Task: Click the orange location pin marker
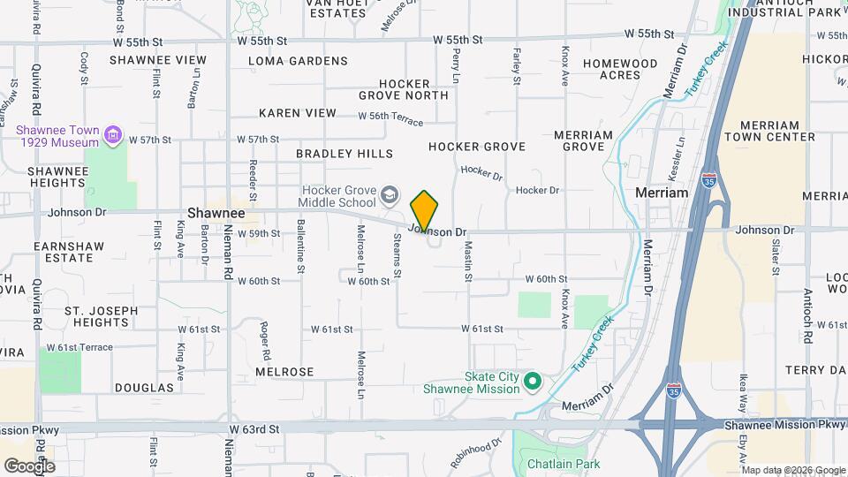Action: coord(424,210)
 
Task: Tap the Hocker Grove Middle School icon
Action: coord(390,193)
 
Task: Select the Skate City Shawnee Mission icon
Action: coord(532,382)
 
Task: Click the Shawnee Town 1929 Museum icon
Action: coord(112,135)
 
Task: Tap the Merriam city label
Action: coord(662,193)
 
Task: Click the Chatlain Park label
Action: coord(563,464)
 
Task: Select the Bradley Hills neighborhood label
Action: coord(344,154)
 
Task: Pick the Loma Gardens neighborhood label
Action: coord(298,61)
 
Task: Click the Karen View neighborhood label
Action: coord(298,113)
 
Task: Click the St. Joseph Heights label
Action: coord(102,316)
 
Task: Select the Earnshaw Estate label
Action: coord(63,251)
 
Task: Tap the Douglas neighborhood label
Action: coord(144,388)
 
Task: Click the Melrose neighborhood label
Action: coord(284,372)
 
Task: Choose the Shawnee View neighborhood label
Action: coord(158,60)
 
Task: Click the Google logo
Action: coord(29,466)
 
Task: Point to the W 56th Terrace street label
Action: coord(391,117)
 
